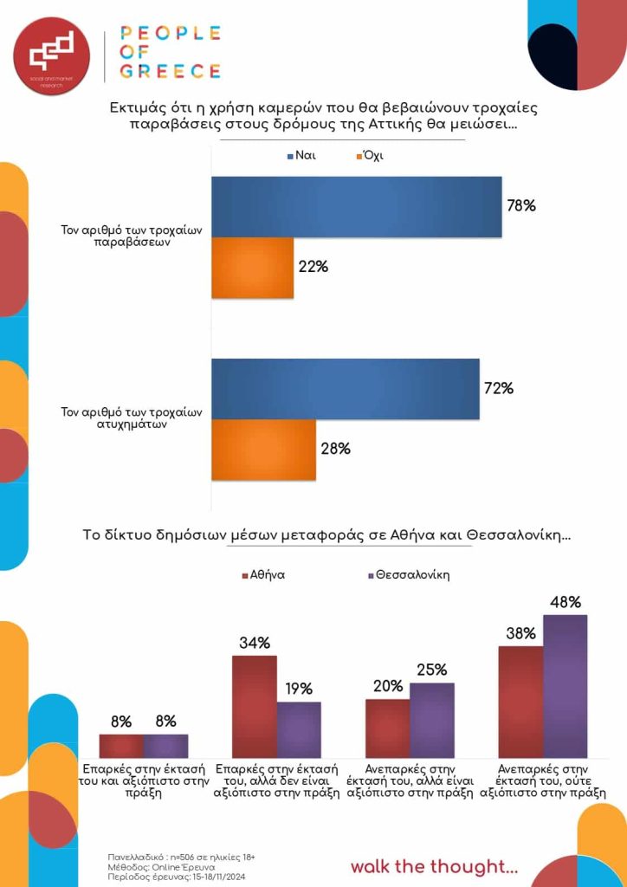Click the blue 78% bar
[356, 207]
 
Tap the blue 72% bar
[345, 389]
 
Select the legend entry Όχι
[367, 157]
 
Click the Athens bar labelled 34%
[254, 707]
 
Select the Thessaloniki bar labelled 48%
[565, 687]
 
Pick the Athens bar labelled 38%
[520, 702]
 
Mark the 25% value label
[431, 670]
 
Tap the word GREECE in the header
[171, 71]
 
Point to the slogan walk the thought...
[434, 866]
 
